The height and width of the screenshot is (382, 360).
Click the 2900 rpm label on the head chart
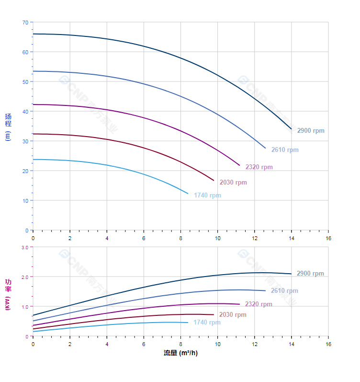click(x=311, y=131)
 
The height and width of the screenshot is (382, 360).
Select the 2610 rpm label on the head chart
click(x=285, y=150)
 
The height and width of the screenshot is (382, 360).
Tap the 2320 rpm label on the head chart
click(x=259, y=167)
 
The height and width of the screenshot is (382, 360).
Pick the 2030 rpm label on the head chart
click(x=233, y=183)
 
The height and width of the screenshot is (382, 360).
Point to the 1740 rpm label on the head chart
click(x=207, y=196)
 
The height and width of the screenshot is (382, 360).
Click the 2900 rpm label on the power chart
click(x=310, y=274)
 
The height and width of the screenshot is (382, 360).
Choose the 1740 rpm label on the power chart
click(x=207, y=323)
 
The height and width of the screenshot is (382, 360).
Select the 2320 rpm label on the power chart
click(x=259, y=304)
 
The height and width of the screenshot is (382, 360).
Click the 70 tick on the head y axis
click(x=25, y=22)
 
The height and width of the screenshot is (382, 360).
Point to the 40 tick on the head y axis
click(x=25, y=111)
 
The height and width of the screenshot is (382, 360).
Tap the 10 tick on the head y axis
click(x=25, y=200)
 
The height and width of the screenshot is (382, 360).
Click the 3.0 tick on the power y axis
click(x=24, y=247)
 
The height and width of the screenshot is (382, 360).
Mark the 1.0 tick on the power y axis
click(x=24, y=306)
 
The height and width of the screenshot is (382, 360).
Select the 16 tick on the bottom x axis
click(x=328, y=344)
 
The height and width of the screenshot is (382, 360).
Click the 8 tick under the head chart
click(x=180, y=238)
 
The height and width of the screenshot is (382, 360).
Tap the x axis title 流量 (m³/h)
click(x=180, y=353)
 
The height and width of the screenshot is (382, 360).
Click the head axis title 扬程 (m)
click(x=8, y=127)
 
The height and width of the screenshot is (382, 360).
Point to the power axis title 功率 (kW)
click(x=8, y=294)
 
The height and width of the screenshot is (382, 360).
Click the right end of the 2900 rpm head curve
click(x=291, y=129)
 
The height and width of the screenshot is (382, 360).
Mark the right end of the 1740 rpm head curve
click(x=188, y=193)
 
